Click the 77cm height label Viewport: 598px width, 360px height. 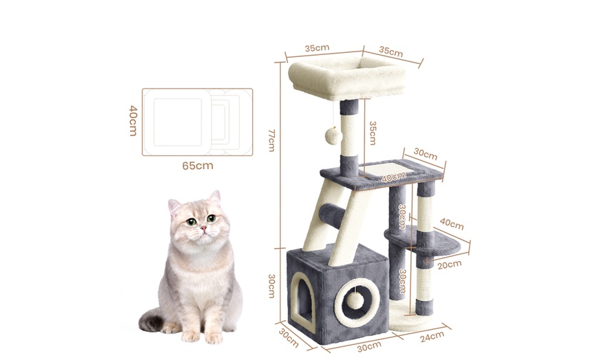(271, 140)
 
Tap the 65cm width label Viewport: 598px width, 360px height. (197, 166)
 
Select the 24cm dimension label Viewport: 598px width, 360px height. (432, 337)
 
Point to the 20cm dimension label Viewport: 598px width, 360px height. (450, 265)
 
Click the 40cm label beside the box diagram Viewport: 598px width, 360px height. (133, 120)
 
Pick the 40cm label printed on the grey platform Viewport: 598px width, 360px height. (393, 177)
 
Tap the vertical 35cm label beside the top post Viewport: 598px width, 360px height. (373, 133)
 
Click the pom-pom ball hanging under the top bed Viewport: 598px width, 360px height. (332, 136)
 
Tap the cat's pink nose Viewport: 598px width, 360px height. (203, 228)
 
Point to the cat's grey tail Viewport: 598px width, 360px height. (151, 319)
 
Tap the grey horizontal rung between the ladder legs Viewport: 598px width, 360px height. (333, 216)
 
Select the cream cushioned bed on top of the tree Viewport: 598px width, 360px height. (346, 78)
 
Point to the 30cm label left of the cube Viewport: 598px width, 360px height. (271, 286)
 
